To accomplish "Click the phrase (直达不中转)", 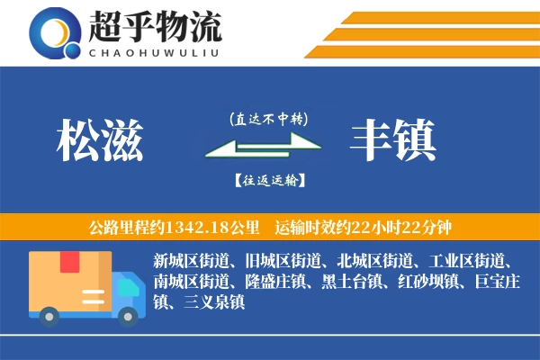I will click(268, 119).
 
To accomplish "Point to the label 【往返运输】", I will click(268, 180).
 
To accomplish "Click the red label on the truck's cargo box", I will click(70, 263).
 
